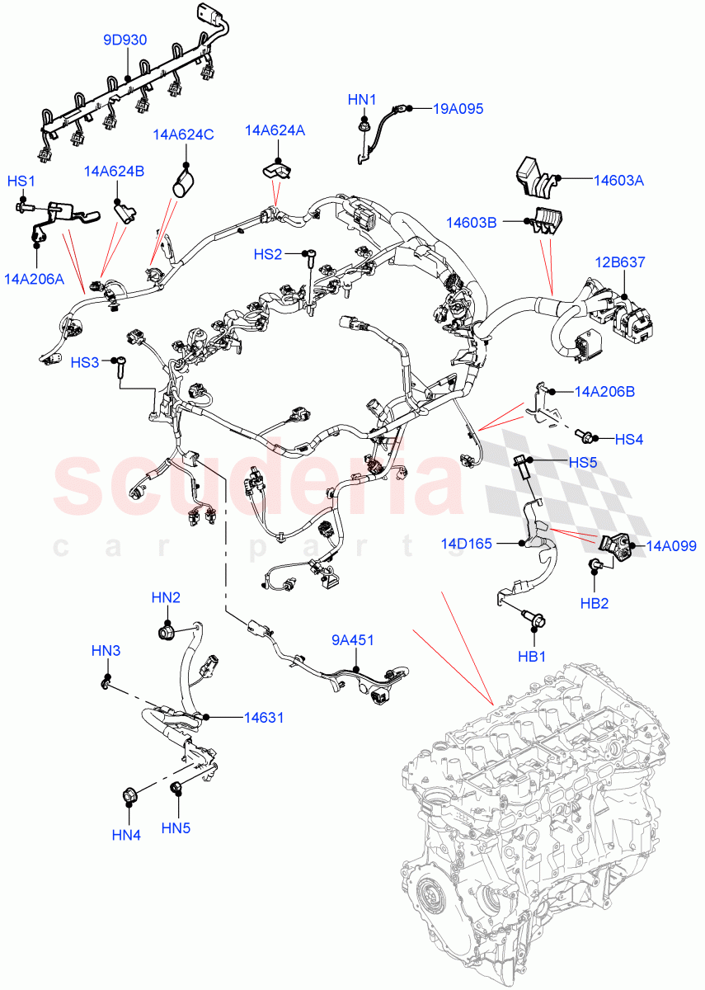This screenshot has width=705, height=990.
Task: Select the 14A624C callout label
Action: pos(182,134)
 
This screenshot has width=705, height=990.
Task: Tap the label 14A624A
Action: pos(275,130)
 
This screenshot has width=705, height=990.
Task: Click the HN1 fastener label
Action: pos(361,100)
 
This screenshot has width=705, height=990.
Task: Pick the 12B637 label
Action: pos(620,262)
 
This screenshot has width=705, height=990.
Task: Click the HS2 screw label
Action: pos(268,254)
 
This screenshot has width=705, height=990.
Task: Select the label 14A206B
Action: pos(604,391)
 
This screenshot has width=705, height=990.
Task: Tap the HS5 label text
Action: pos(582,463)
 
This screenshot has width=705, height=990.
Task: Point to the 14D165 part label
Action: pos(466,544)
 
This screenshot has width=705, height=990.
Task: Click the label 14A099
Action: pos(671,545)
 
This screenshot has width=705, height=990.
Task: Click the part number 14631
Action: pos(263,718)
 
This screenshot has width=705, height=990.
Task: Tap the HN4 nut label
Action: pos(126,835)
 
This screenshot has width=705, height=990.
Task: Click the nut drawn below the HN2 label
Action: pos(168,633)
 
